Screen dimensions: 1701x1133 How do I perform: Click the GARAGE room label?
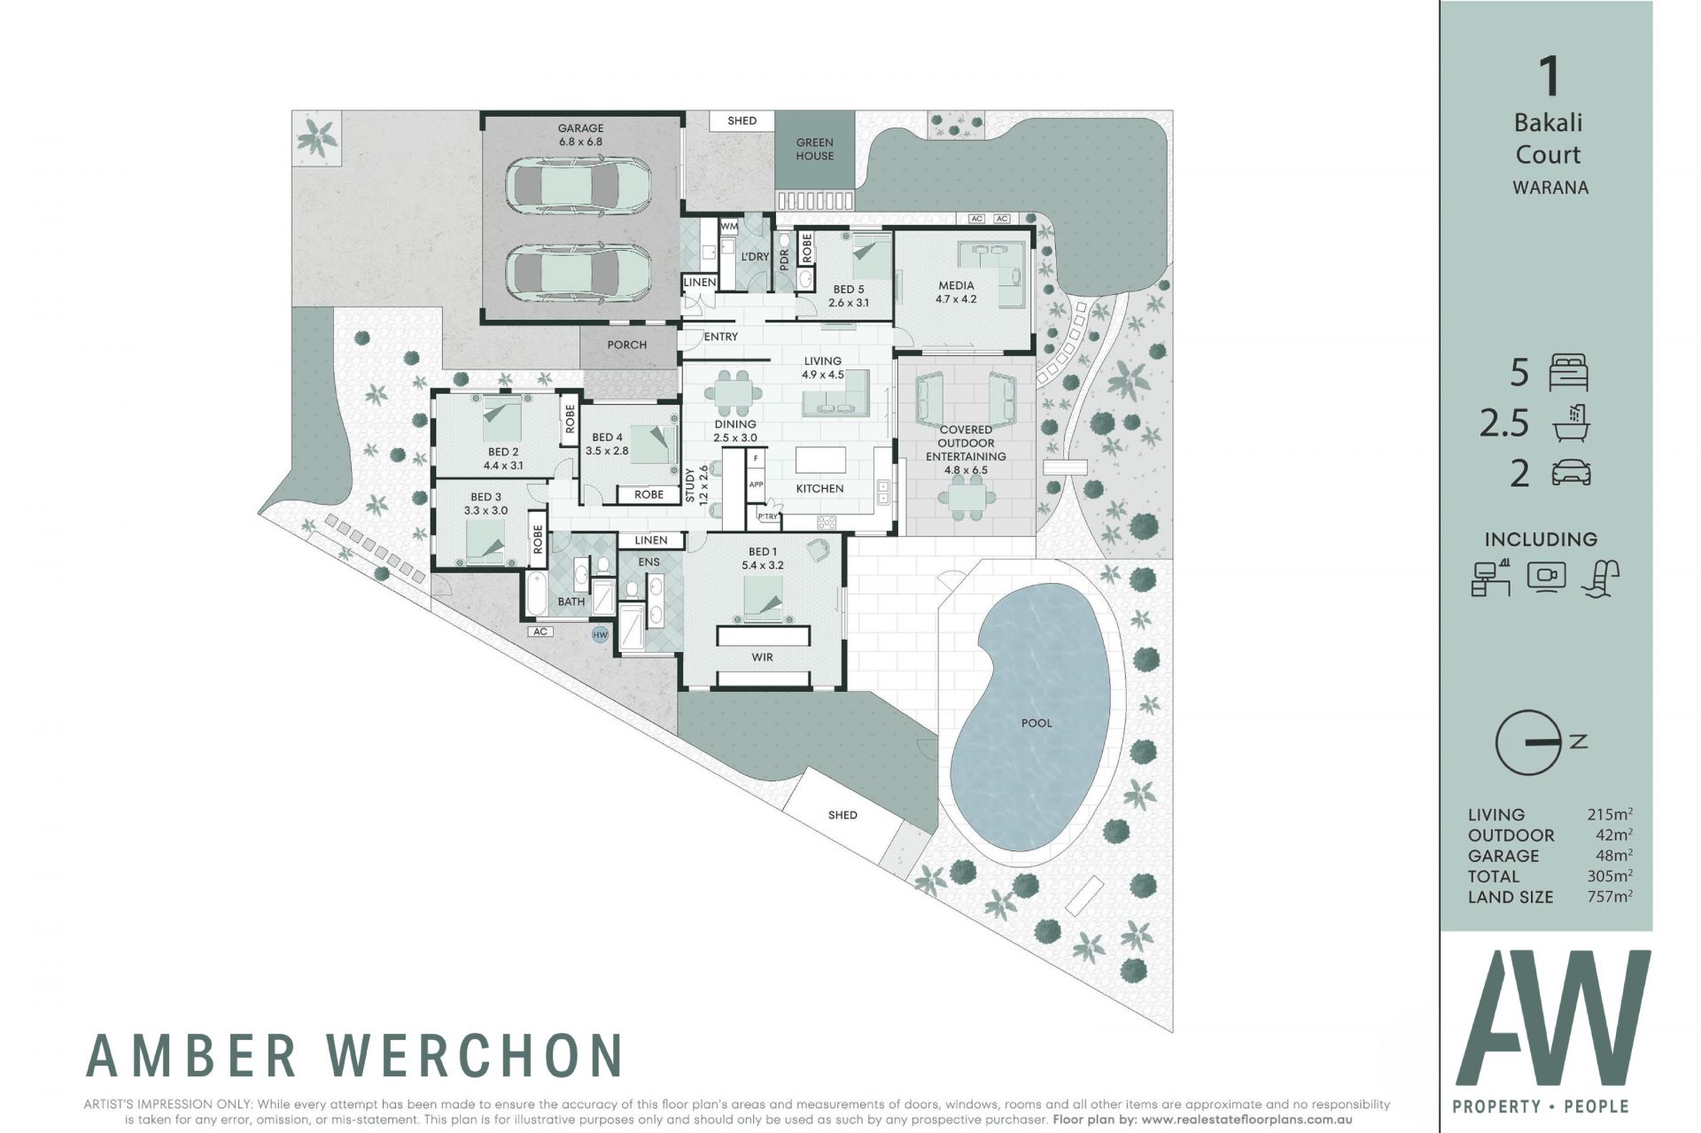point(580,128)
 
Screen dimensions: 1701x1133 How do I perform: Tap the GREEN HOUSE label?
point(814,149)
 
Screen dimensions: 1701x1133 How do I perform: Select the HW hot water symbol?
point(601,634)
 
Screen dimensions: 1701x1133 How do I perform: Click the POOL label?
point(1037,723)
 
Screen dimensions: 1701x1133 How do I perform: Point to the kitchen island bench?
point(820,461)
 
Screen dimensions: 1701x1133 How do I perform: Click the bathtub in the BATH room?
point(536,594)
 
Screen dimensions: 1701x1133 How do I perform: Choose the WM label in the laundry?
point(729,227)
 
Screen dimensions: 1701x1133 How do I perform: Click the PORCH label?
point(627,345)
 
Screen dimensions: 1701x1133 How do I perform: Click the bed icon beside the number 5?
point(1569,373)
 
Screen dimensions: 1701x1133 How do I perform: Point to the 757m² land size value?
point(1610,896)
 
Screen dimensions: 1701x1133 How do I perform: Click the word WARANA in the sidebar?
point(1550,188)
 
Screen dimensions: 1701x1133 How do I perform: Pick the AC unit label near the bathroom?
point(540,632)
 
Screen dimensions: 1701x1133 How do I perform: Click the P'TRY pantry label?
point(767,516)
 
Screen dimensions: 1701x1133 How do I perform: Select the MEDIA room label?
point(956,285)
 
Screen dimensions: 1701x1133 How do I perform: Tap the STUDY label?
point(690,485)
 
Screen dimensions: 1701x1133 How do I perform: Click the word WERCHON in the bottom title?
point(475,1055)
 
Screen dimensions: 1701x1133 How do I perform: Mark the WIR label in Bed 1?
point(762,657)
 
